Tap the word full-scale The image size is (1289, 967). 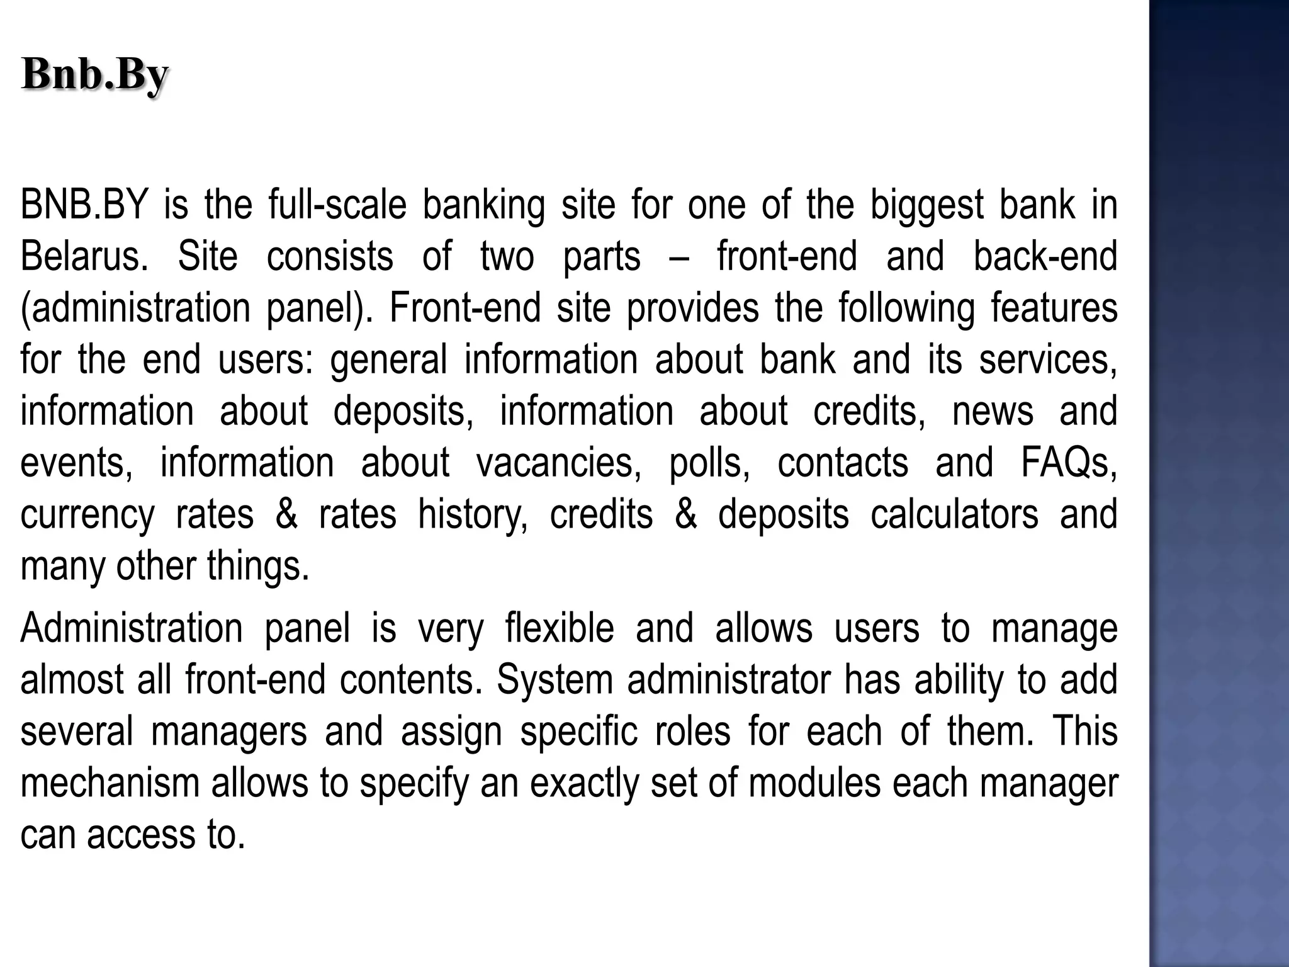tap(337, 205)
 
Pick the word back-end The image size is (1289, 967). tap(1045, 257)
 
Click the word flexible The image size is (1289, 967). tap(559, 628)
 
